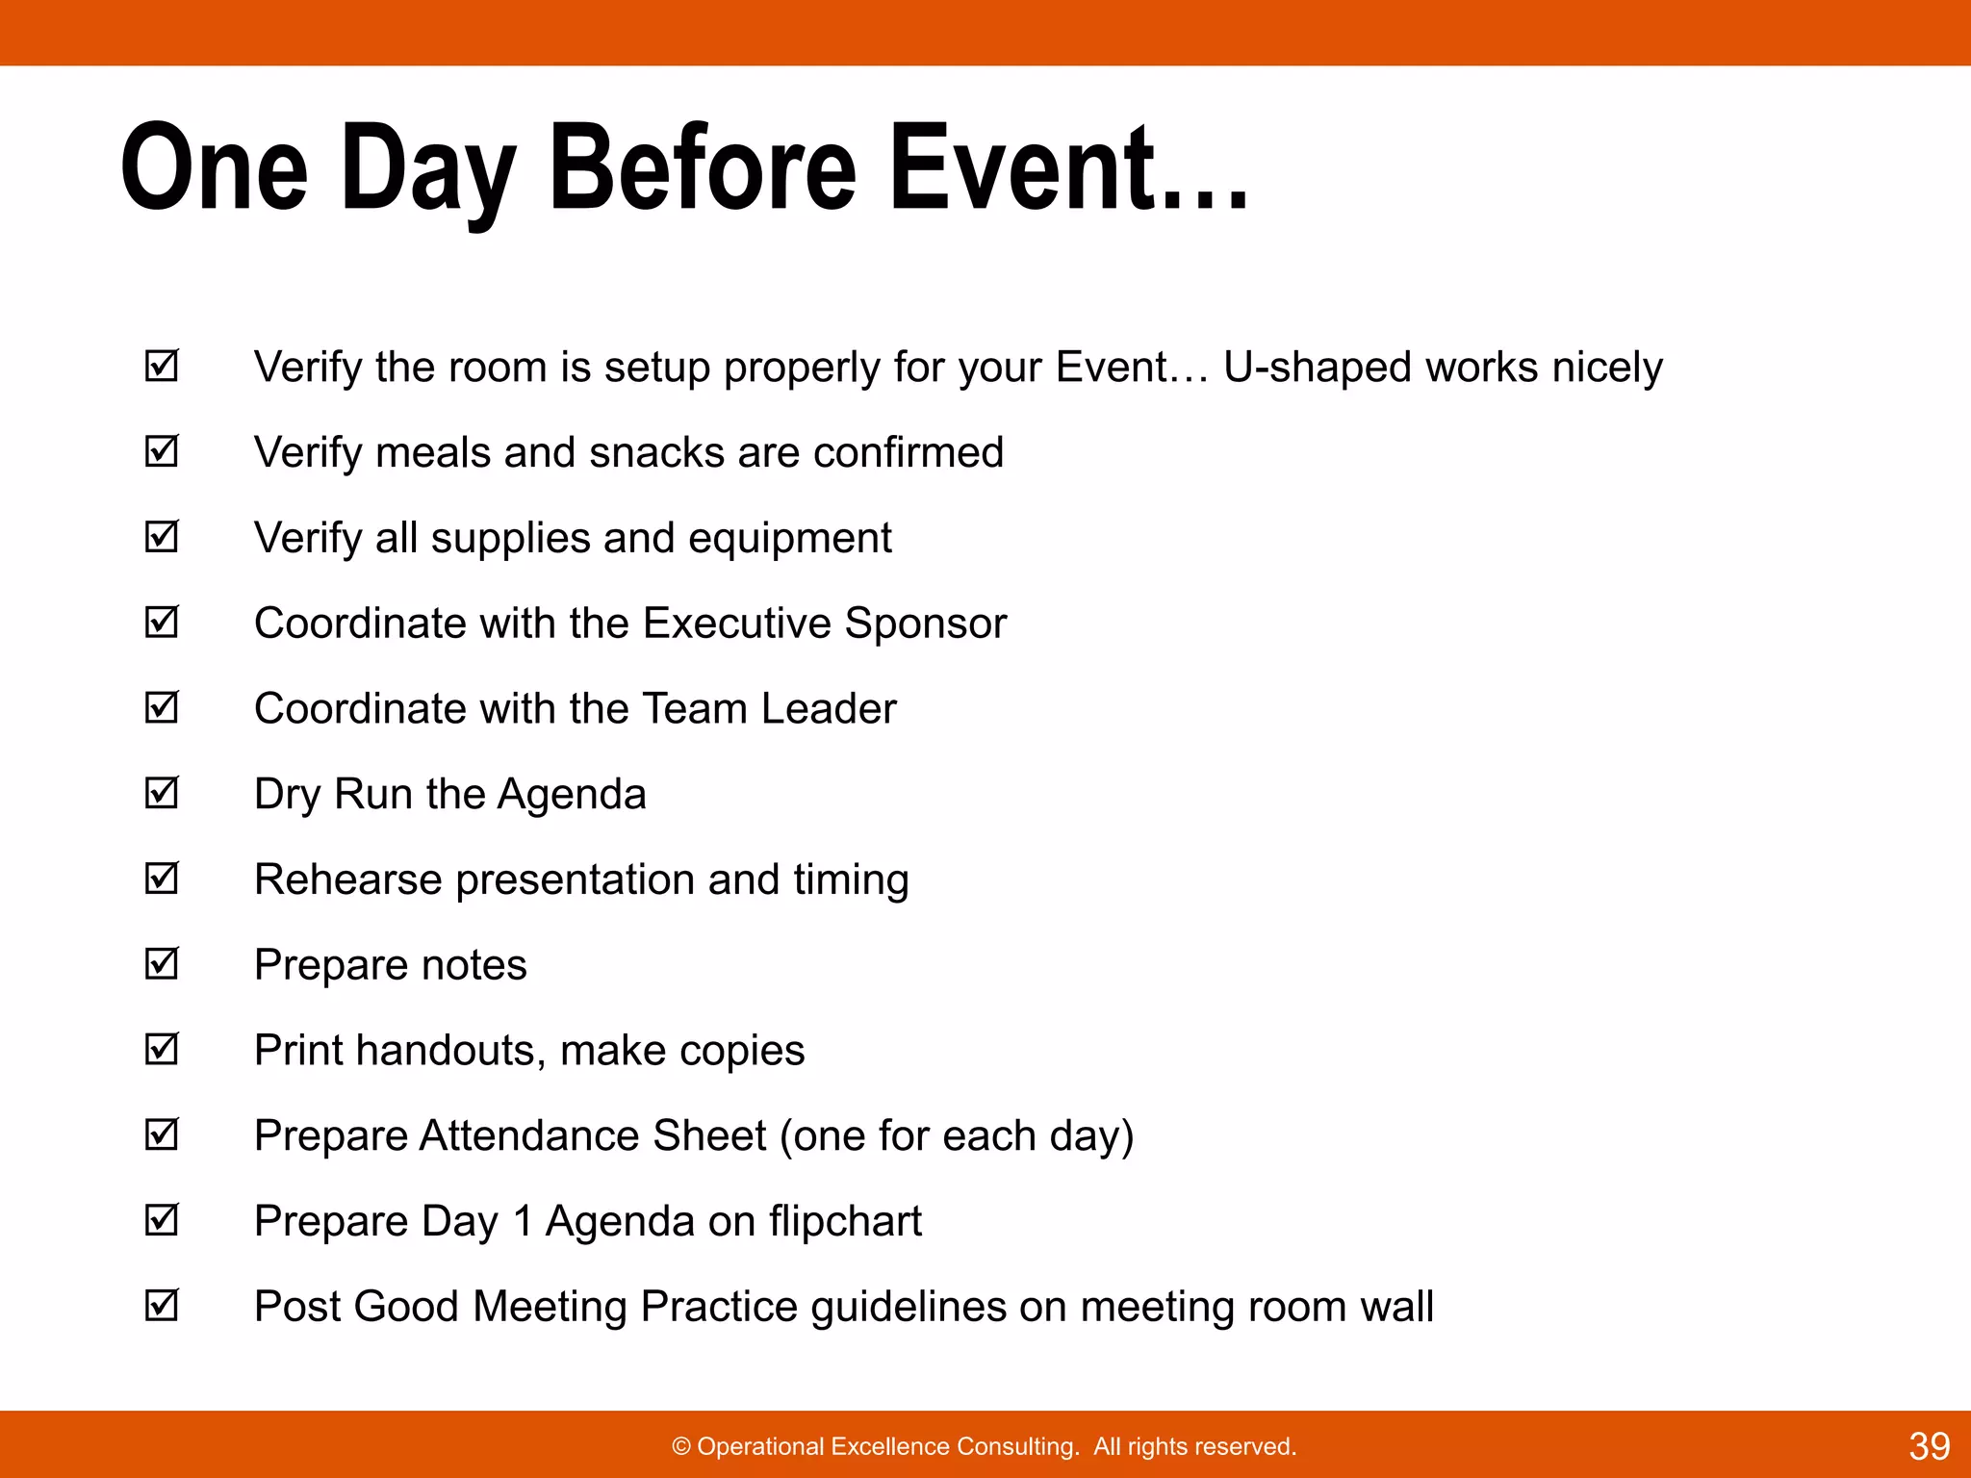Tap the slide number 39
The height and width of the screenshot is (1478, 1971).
1929,1446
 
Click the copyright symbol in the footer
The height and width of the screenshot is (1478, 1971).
681,1447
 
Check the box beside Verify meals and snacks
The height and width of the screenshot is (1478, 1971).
162,450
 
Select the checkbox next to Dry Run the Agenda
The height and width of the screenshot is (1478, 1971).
162,793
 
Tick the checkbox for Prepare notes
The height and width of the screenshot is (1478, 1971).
162,963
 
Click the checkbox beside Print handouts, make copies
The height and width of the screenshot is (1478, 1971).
162,1049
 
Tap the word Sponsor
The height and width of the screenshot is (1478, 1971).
925,624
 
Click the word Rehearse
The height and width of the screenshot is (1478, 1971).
347,879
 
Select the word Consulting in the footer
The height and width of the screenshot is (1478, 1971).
1016,1447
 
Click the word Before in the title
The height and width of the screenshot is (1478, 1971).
703,168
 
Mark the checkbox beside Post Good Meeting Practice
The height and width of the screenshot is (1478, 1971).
162,1305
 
